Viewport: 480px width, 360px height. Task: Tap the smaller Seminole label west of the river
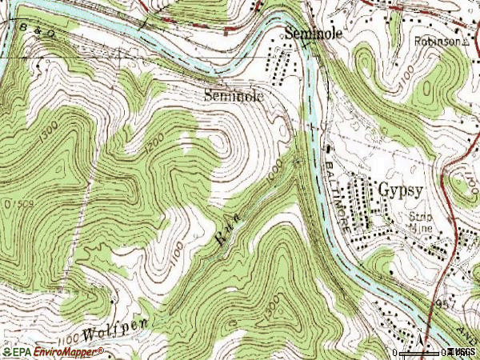tap(233, 94)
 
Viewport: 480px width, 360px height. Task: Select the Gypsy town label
tap(399, 192)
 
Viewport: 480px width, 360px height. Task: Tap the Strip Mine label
tap(421, 221)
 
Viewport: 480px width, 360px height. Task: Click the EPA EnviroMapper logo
tap(52, 351)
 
